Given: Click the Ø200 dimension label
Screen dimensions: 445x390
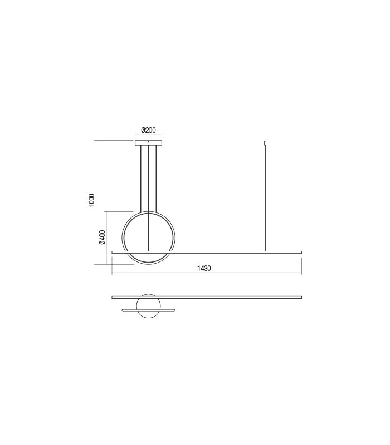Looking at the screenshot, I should [x=148, y=131].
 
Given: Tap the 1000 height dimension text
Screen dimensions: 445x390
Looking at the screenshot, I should [x=92, y=201].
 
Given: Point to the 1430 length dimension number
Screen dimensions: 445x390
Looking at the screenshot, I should [x=204, y=268].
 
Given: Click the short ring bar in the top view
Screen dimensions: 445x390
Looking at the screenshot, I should [x=149, y=310].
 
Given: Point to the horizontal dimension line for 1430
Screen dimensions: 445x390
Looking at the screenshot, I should [x=251, y=273].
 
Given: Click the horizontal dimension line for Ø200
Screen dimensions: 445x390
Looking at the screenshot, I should [x=149, y=136].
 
